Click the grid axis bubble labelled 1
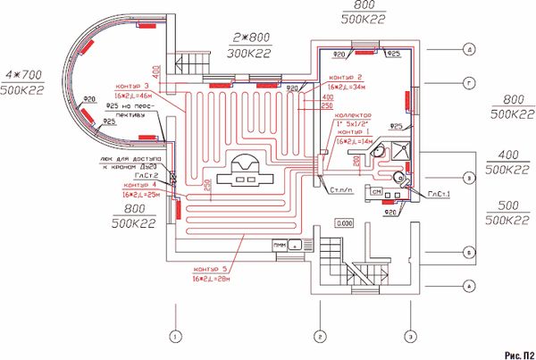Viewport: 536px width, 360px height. (x=176, y=336)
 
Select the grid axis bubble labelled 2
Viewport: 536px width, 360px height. (x=319, y=336)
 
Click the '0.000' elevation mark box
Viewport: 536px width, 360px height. (x=343, y=222)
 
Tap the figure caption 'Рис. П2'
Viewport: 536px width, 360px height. (x=518, y=354)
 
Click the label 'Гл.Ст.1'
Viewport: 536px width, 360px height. (x=439, y=194)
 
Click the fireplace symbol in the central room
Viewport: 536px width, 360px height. (x=244, y=170)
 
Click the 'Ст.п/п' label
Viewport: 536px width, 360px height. (x=339, y=189)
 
